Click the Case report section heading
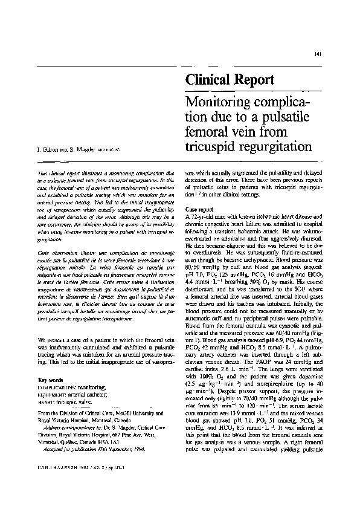(201, 210)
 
